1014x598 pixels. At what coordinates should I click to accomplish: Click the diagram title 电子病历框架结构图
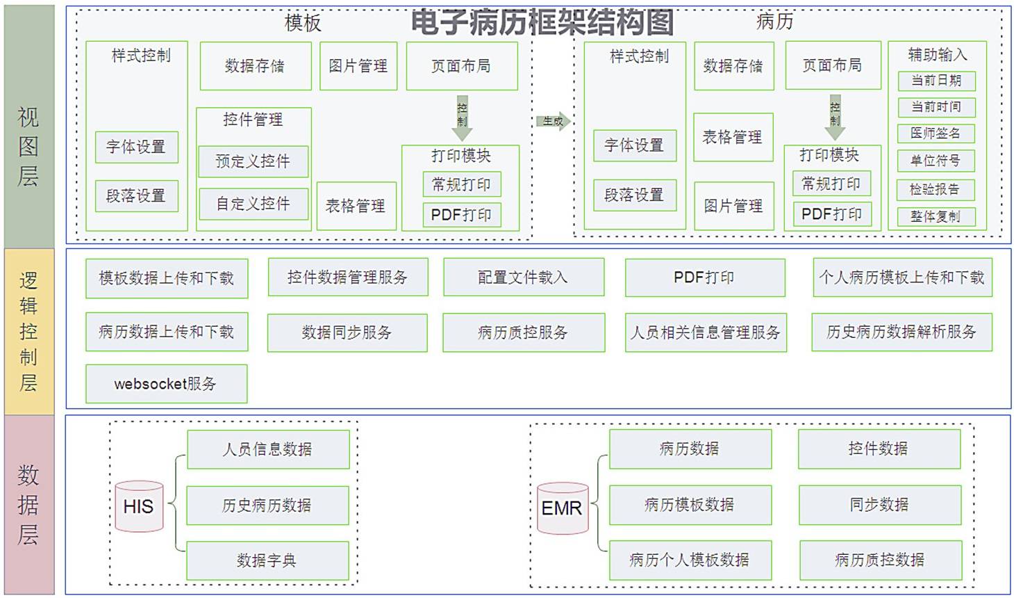[542, 22]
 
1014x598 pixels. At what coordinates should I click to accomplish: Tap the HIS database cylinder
[139, 506]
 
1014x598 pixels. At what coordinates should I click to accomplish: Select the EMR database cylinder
[562, 508]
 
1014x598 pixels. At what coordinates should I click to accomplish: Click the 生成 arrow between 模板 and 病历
[553, 121]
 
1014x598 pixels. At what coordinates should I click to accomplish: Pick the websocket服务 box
[166, 384]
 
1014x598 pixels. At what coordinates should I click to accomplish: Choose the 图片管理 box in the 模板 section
[358, 66]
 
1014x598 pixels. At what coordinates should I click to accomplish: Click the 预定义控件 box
[253, 161]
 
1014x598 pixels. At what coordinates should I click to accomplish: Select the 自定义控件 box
[253, 204]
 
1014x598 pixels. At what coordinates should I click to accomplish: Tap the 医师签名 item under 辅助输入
[936, 134]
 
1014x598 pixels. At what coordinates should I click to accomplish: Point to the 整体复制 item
[936, 216]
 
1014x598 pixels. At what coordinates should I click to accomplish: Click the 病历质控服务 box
[523, 332]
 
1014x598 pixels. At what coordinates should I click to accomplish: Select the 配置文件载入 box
[523, 277]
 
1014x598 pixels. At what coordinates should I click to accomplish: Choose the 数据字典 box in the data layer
[267, 560]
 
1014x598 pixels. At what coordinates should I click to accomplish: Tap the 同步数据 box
[879, 505]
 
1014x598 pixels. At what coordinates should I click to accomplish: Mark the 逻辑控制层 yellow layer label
[28, 332]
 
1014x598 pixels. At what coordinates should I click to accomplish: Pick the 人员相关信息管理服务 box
[705, 332]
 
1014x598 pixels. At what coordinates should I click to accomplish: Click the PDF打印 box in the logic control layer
[704, 277]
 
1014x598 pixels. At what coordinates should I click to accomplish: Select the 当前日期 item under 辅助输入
[936, 81]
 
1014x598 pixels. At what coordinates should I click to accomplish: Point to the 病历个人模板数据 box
[690, 560]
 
